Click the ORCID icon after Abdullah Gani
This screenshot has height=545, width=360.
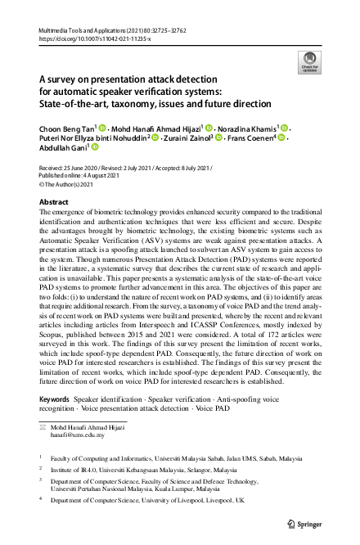coord(95,149)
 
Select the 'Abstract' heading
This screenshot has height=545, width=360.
coord(54,200)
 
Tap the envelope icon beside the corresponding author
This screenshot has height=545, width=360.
coord(43,428)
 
